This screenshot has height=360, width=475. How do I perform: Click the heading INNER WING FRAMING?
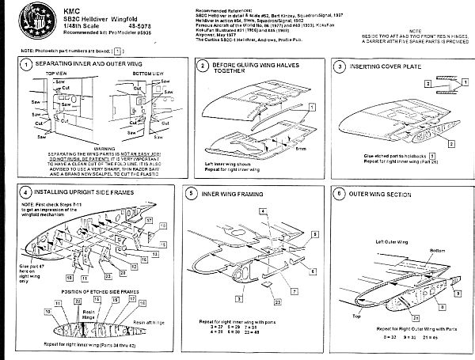[233, 192]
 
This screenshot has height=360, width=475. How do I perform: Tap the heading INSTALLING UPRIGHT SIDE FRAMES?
[86, 192]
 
